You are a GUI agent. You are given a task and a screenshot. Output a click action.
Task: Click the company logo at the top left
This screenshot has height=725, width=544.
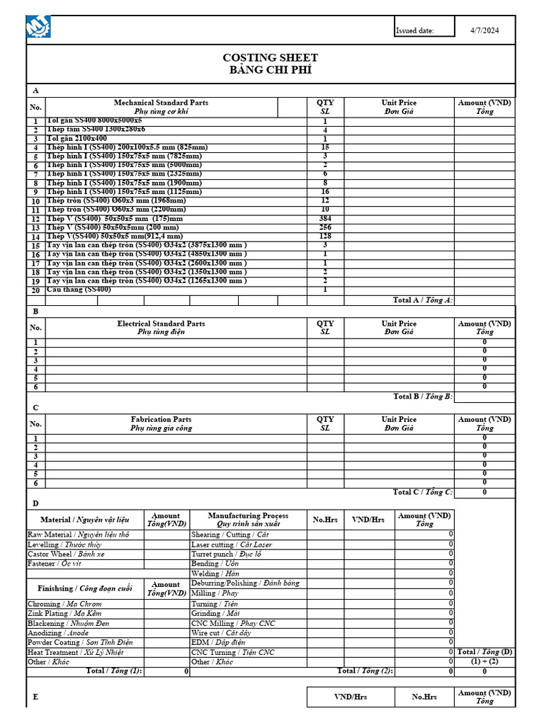point(38,28)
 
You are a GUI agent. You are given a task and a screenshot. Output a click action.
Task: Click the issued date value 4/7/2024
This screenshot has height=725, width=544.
point(484,30)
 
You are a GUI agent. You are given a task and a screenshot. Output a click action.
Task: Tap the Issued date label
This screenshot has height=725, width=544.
point(414,31)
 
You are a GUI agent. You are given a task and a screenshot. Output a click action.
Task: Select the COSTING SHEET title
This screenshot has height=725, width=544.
point(270,57)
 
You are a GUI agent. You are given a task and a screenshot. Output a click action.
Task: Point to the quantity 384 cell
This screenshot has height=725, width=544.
point(325,219)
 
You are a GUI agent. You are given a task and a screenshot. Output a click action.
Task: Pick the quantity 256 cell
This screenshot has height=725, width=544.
point(325,227)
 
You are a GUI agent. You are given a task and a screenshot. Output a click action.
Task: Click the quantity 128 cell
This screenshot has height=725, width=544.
point(325,236)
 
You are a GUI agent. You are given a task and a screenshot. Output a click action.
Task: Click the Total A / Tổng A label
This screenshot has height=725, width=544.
point(422,300)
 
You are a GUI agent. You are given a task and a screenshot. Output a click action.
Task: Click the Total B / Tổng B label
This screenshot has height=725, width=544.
point(422,396)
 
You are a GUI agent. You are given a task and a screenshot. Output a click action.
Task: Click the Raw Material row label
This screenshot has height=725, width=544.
point(78,535)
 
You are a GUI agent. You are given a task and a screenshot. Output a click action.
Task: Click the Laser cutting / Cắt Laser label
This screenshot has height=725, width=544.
point(231,544)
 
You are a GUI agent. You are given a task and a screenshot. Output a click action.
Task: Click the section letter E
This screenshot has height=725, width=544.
point(35,697)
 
